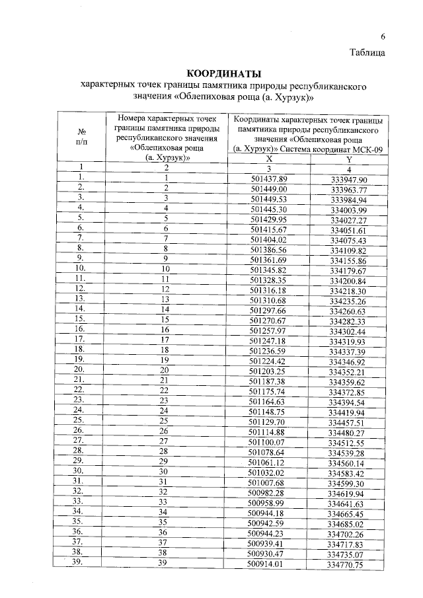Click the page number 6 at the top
point(382,37)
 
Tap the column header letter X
point(268,159)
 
